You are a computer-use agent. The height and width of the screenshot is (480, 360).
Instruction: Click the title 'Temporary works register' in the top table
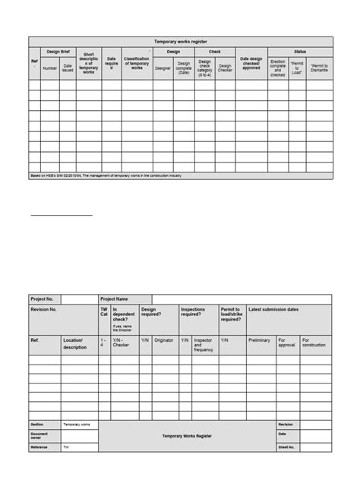pyautogui.click(x=181, y=41)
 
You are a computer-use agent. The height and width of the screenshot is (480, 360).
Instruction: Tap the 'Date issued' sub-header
pyautogui.click(x=68, y=68)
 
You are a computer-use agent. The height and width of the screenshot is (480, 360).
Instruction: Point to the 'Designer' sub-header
pyautogui.click(x=163, y=68)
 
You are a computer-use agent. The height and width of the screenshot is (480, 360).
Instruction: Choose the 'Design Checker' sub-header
pyautogui.click(x=226, y=68)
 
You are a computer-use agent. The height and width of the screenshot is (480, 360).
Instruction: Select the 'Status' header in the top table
pyautogui.click(x=301, y=52)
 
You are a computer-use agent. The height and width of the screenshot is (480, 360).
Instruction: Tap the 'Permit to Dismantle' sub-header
pyautogui.click(x=319, y=68)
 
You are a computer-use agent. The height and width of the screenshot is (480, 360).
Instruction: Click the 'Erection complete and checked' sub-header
pyautogui.click(x=278, y=68)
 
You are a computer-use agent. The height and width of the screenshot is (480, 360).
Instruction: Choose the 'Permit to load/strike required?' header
pyautogui.click(x=232, y=315)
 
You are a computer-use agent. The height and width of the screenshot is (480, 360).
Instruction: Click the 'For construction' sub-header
pyautogui.click(x=314, y=343)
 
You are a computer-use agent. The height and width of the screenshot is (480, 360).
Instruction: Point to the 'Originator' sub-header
pyautogui.click(x=165, y=340)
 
